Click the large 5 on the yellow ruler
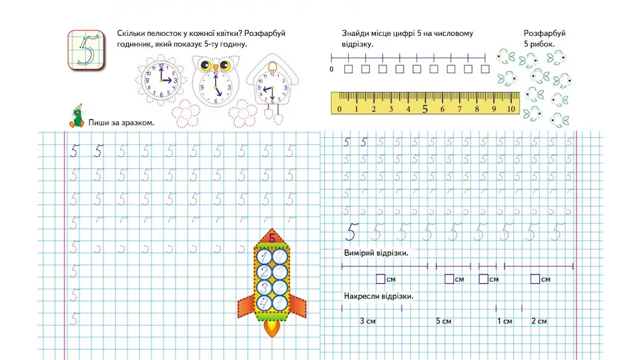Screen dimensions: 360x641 [424, 109]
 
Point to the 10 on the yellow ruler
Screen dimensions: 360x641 [511, 110]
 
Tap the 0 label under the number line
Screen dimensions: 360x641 [331, 69]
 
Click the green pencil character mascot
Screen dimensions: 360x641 [77, 115]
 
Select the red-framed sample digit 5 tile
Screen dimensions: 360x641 [86, 48]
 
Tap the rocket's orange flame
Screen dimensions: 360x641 [272, 328]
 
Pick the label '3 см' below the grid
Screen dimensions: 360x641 [367, 321]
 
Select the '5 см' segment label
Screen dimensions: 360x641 [444, 321]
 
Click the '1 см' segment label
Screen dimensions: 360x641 [504, 321]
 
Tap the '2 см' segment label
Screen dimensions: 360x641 [539, 321]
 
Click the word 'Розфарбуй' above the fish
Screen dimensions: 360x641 [544, 33]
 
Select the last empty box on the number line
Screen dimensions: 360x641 [485, 69]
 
